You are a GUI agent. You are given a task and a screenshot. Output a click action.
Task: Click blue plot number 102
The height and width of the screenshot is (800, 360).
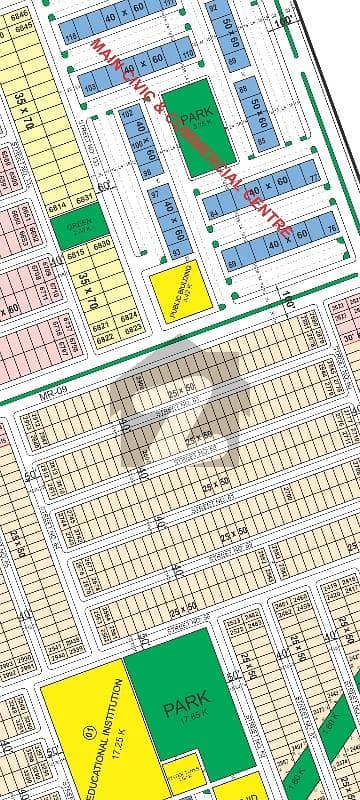pyautogui.click(x=127, y=114)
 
